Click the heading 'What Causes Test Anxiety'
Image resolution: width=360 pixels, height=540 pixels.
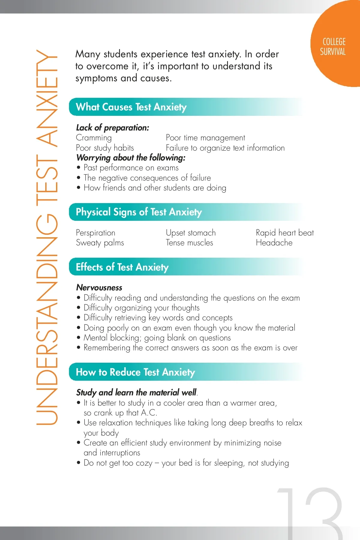tap(131, 107)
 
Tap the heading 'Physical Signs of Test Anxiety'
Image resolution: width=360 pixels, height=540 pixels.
tap(139, 212)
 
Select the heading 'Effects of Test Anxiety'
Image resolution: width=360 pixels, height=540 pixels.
tap(122, 267)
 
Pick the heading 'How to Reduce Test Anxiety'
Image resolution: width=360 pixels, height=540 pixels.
tap(135, 372)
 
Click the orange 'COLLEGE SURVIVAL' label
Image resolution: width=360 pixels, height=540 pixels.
tap(333, 47)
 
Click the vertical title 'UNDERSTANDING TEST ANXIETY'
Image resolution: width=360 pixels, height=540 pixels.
tap(47, 237)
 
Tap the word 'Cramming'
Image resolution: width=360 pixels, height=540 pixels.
tap(94, 138)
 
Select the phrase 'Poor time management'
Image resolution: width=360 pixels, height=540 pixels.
tap(205, 138)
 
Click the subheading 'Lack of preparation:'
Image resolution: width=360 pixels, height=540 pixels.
tap(112, 128)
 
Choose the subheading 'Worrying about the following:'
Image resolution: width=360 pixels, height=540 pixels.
tap(131, 158)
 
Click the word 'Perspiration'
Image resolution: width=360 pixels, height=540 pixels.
tap(95, 233)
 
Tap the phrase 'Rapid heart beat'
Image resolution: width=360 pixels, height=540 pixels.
tap(285, 233)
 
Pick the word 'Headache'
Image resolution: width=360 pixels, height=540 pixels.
tap(274, 243)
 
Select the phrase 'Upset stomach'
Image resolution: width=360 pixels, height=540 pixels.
tap(191, 233)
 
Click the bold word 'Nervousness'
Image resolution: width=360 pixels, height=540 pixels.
tap(99, 288)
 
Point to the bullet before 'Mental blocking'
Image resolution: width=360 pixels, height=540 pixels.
tap(79, 338)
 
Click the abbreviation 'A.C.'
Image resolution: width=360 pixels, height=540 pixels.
tap(149, 413)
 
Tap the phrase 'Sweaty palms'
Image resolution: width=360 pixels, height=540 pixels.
tap(100, 243)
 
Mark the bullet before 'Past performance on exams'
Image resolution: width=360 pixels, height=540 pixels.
tap(79, 168)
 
